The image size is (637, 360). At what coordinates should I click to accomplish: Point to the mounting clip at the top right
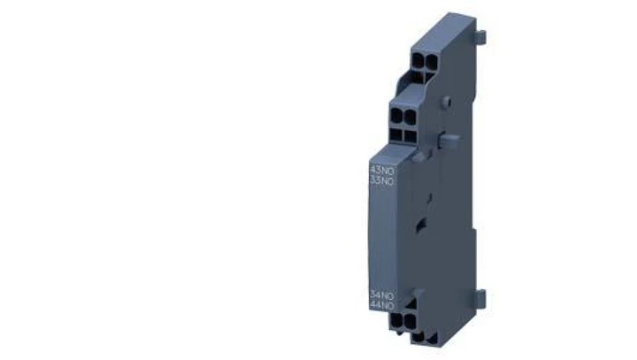coord(481,38)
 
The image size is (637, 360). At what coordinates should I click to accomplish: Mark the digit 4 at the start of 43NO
coord(372,170)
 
